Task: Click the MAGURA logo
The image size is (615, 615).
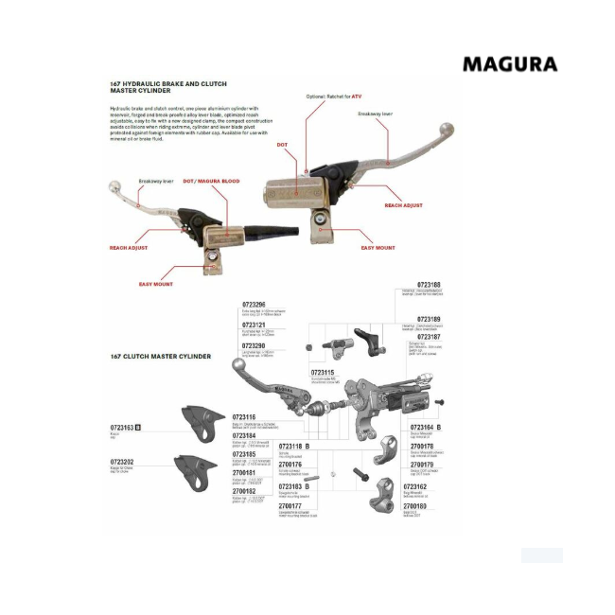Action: [509, 64]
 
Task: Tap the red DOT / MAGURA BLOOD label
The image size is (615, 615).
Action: [211, 181]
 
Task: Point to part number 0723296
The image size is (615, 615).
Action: [254, 304]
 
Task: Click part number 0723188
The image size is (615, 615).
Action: [428, 284]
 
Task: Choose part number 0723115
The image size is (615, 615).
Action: [325, 372]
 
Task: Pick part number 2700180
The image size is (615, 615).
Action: [428, 506]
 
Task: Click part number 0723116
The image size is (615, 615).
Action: [245, 416]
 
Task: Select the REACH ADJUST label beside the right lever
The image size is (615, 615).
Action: [403, 205]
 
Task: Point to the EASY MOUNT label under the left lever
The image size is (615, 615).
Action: [157, 283]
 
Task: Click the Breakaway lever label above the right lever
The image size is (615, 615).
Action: [374, 114]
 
